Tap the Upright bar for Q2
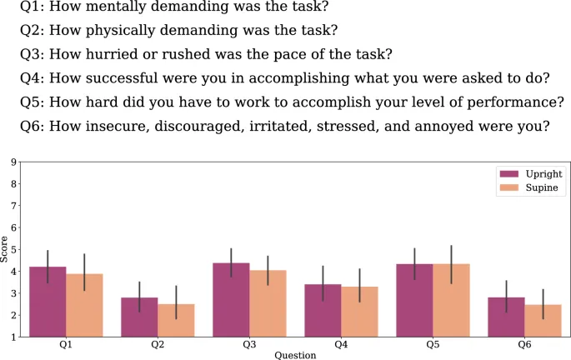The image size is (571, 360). click(140, 317)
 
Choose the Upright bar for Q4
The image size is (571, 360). click(323, 311)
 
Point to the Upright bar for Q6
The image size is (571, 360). click(506, 317)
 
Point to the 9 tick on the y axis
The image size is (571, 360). click(13, 162)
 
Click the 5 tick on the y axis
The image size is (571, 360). click(13, 249)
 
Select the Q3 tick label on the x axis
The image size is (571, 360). click(249, 345)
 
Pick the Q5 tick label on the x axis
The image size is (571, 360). click(432, 345)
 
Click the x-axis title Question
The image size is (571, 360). click(295, 356)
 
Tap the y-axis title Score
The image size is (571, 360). click(5, 250)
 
